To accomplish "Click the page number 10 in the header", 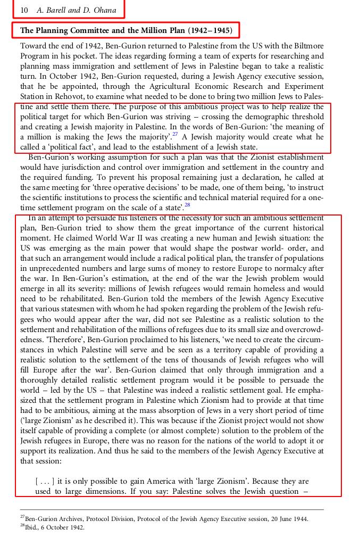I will click(24, 10).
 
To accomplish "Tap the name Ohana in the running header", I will click(103, 10).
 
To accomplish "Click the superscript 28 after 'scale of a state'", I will click(187, 205).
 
